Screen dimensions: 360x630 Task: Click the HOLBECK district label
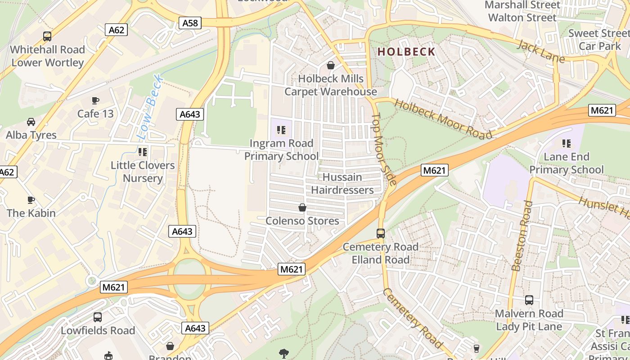tap(406, 52)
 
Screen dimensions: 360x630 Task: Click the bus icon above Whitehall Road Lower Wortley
tap(47, 36)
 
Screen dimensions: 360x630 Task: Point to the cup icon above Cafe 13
tap(95, 100)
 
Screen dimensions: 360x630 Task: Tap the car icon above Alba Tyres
tap(31, 122)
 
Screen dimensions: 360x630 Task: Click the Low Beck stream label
tap(150, 107)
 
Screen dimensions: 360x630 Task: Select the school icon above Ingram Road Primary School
tap(281, 130)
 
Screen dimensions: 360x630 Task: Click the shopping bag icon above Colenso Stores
tap(302, 208)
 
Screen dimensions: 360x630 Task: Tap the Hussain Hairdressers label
tap(342, 184)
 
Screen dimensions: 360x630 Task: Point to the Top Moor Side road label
tap(384, 148)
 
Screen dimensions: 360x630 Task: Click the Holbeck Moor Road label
tap(443, 119)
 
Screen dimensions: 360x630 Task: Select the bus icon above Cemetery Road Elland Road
tap(381, 234)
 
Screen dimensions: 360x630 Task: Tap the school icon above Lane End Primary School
tap(567, 144)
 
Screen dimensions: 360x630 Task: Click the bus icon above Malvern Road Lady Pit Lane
tap(529, 300)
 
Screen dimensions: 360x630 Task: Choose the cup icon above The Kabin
tap(31, 200)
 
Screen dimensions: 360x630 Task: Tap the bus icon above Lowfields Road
tap(98, 317)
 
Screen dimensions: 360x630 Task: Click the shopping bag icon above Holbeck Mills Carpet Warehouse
tap(331, 66)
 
